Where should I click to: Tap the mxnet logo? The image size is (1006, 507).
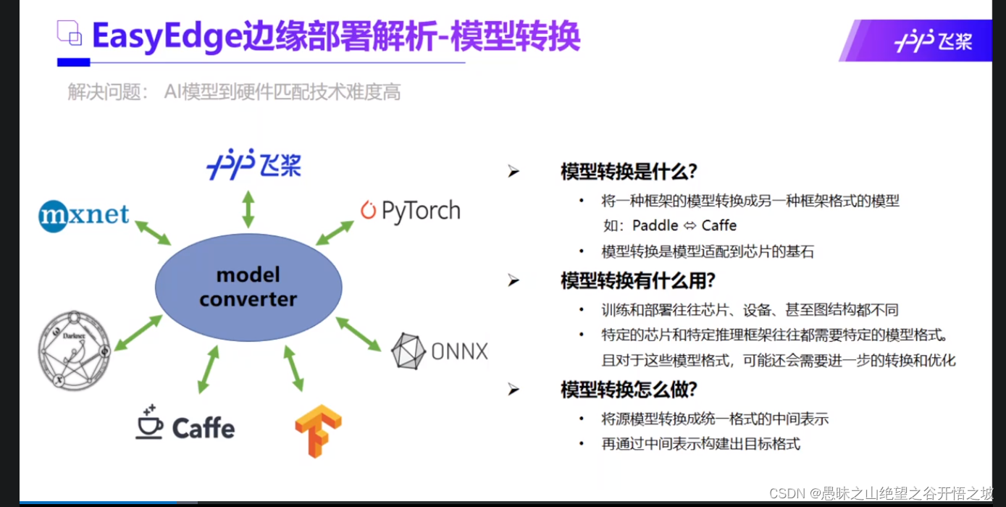(x=84, y=215)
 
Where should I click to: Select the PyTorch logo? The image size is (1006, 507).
(x=410, y=211)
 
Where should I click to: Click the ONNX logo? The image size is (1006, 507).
(x=439, y=352)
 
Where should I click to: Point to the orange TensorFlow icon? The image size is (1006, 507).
(x=318, y=430)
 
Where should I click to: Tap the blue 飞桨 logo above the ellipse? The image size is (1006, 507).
(x=253, y=164)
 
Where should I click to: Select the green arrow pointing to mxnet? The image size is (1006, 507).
(x=153, y=231)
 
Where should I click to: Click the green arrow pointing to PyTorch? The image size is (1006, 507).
(x=335, y=232)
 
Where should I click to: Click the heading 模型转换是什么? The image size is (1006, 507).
(x=629, y=172)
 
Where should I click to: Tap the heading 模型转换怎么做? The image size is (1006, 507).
(x=629, y=390)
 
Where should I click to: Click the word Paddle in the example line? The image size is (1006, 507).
(x=655, y=225)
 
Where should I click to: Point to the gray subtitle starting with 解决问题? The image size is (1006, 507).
(x=234, y=92)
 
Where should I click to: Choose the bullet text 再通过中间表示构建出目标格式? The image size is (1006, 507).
(x=700, y=443)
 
